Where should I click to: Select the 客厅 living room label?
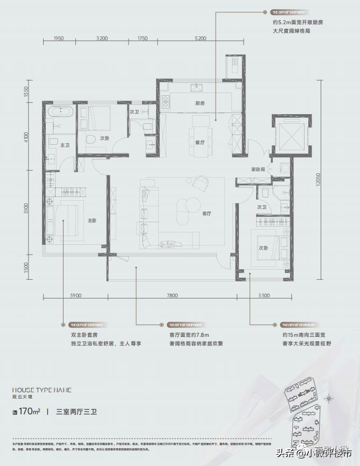206,214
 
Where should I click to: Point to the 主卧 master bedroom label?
92,221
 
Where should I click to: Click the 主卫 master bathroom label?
64,145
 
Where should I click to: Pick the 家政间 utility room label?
258,169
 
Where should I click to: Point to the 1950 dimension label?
59,38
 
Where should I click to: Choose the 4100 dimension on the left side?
25,139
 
